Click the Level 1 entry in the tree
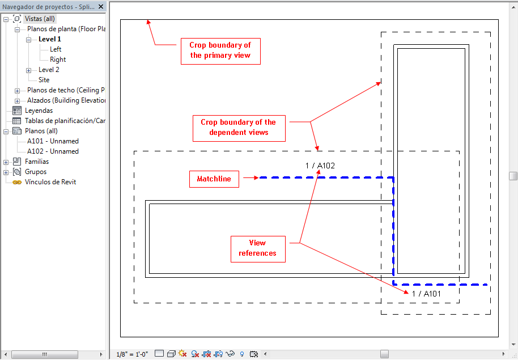tap(49, 39)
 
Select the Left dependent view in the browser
tap(56, 49)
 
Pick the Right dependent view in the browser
tap(58, 60)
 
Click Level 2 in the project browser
tap(49, 70)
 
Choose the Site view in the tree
tap(44, 80)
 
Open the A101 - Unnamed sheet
tap(53, 141)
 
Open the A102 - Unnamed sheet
tap(53, 151)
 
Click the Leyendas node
tap(39, 111)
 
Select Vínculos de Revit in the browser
tap(50, 182)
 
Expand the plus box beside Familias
tap(6, 162)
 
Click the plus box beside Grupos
tap(6, 172)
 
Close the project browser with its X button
tap(101, 6)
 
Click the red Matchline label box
tap(214, 179)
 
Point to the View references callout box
tap(258, 249)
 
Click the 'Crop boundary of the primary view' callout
tap(220, 51)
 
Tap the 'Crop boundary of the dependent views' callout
tap(239, 128)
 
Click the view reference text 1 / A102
tap(320, 166)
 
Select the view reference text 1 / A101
tap(426, 294)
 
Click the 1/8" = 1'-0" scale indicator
tap(132, 354)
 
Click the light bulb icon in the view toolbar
tap(242, 354)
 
